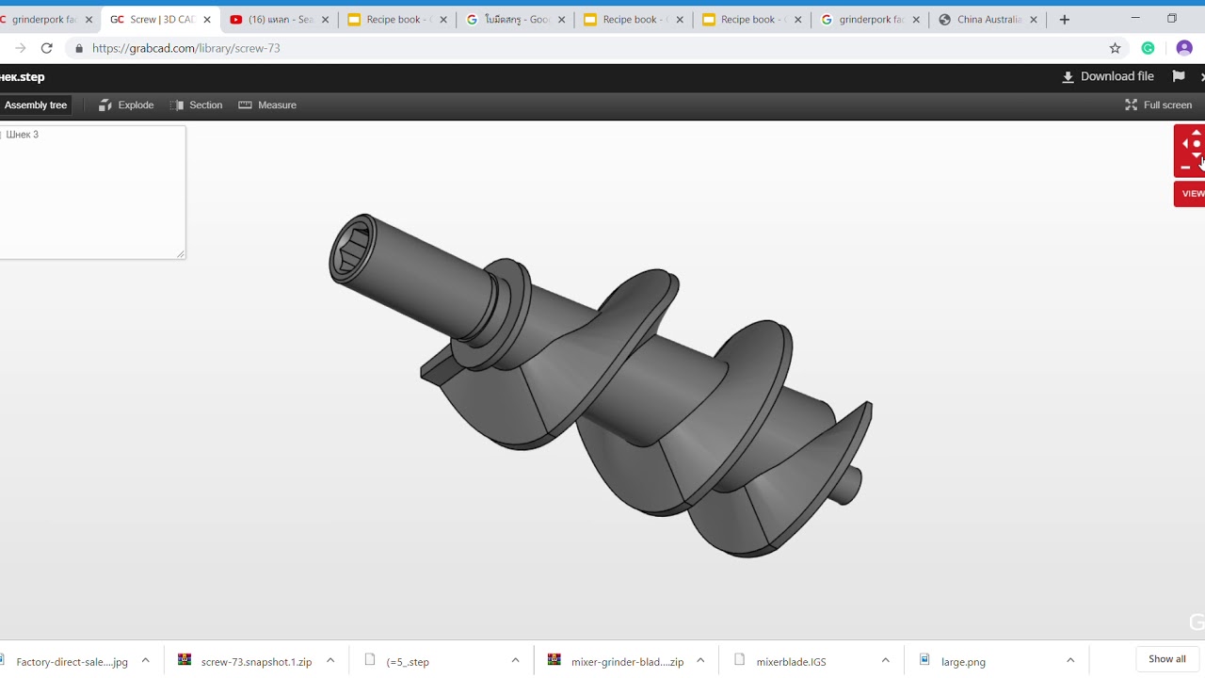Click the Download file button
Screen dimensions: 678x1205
[1108, 77]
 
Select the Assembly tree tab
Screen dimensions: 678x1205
[36, 105]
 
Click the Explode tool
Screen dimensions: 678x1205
[126, 105]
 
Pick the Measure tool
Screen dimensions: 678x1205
[268, 105]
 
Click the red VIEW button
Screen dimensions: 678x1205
[1191, 194]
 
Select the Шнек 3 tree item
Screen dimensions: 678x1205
[23, 135]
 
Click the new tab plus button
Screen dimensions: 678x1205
[1065, 20]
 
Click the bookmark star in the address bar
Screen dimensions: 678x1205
[1116, 48]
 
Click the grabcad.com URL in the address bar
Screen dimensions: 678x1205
[186, 48]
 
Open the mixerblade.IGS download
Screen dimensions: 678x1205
[791, 662]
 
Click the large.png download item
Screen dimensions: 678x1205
[962, 662]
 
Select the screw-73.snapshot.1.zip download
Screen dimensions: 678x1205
[255, 662]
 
